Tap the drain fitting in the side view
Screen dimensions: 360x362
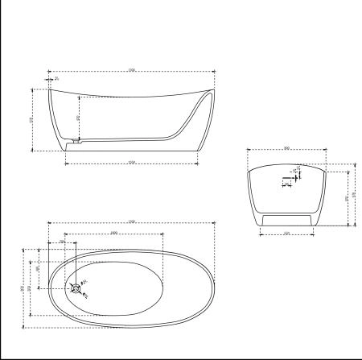click(x=76, y=143)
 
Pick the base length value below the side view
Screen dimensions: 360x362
click(x=130, y=163)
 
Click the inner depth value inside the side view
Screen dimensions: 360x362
click(x=78, y=118)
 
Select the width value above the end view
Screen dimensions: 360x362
click(x=286, y=147)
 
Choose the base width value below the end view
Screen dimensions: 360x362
click(x=286, y=234)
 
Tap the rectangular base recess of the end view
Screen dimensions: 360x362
click(x=287, y=220)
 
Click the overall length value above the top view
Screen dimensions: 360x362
click(x=131, y=221)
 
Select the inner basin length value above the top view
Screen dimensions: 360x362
click(x=113, y=232)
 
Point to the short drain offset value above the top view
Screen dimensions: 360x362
click(x=63, y=241)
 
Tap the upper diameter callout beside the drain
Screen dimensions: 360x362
click(x=84, y=281)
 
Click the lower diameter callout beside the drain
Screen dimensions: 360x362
click(x=85, y=296)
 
